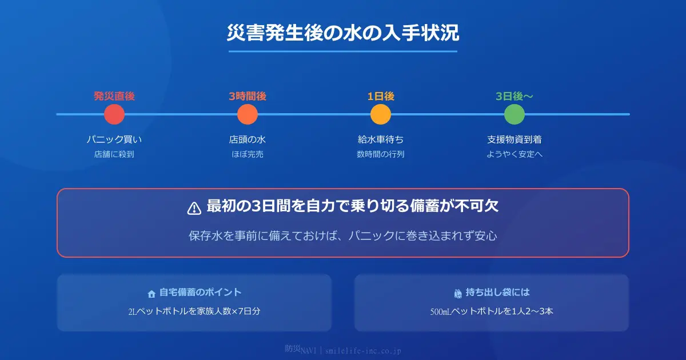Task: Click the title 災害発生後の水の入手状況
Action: tap(343, 33)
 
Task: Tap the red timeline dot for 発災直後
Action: tap(114, 114)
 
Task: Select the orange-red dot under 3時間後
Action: tap(248, 114)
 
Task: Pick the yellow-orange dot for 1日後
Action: tap(381, 114)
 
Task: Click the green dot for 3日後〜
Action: tap(514, 114)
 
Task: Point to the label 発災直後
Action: tap(114, 96)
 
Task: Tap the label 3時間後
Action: tap(248, 96)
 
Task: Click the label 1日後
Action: tap(381, 96)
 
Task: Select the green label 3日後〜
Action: tap(514, 96)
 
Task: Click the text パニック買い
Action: tap(114, 139)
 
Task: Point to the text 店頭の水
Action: tap(248, 139)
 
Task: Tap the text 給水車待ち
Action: tap(381, 139)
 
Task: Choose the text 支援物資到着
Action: tap(514, 139)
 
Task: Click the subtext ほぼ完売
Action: tap(248, 154)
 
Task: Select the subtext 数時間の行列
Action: tap(381, 154)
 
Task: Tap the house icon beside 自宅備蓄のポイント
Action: tap(151, 294)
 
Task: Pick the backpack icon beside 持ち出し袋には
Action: tap(458, 293)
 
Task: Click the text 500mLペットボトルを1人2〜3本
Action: tap(492, 312)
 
